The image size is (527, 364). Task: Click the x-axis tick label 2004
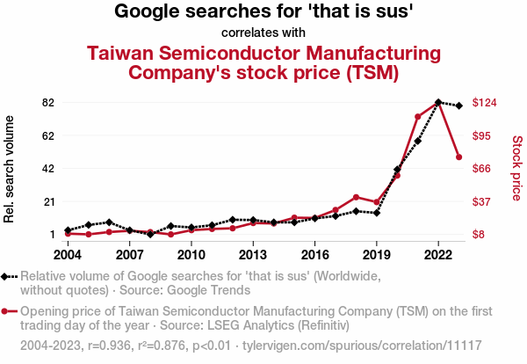point(68,255)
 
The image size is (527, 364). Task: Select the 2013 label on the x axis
point(253,255)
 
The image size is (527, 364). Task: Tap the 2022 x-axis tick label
point(438,255)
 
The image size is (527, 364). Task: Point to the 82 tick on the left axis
point(48,102)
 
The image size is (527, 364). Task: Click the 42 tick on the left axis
point(48,168)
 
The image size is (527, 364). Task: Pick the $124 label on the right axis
point(486,102)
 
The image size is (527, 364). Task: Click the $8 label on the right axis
point(480,234)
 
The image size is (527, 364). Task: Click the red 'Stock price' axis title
point(516,167)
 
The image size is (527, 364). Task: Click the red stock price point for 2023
point(459,157)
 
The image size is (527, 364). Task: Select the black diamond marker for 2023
point(459,106)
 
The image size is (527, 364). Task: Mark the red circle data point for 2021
point(418,117)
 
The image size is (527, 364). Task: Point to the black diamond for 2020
point(397,170)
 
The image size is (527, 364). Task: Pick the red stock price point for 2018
point(356,197)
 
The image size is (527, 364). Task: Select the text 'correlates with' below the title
point(263,33)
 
